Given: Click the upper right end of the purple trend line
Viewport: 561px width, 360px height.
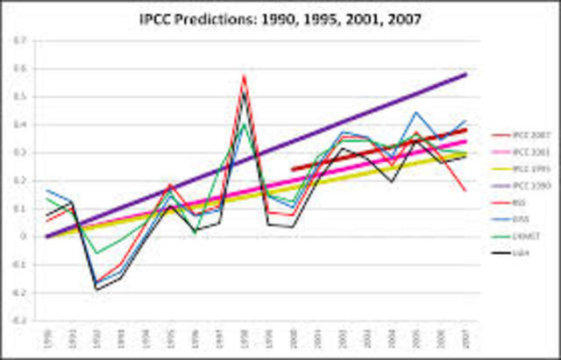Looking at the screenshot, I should click(465, 74).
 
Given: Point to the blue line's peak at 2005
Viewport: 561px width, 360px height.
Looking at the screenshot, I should click(415, 112).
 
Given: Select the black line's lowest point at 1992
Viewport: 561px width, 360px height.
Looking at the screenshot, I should click(96, 289).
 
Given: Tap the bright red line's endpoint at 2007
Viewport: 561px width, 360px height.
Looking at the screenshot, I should click(465, 190).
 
